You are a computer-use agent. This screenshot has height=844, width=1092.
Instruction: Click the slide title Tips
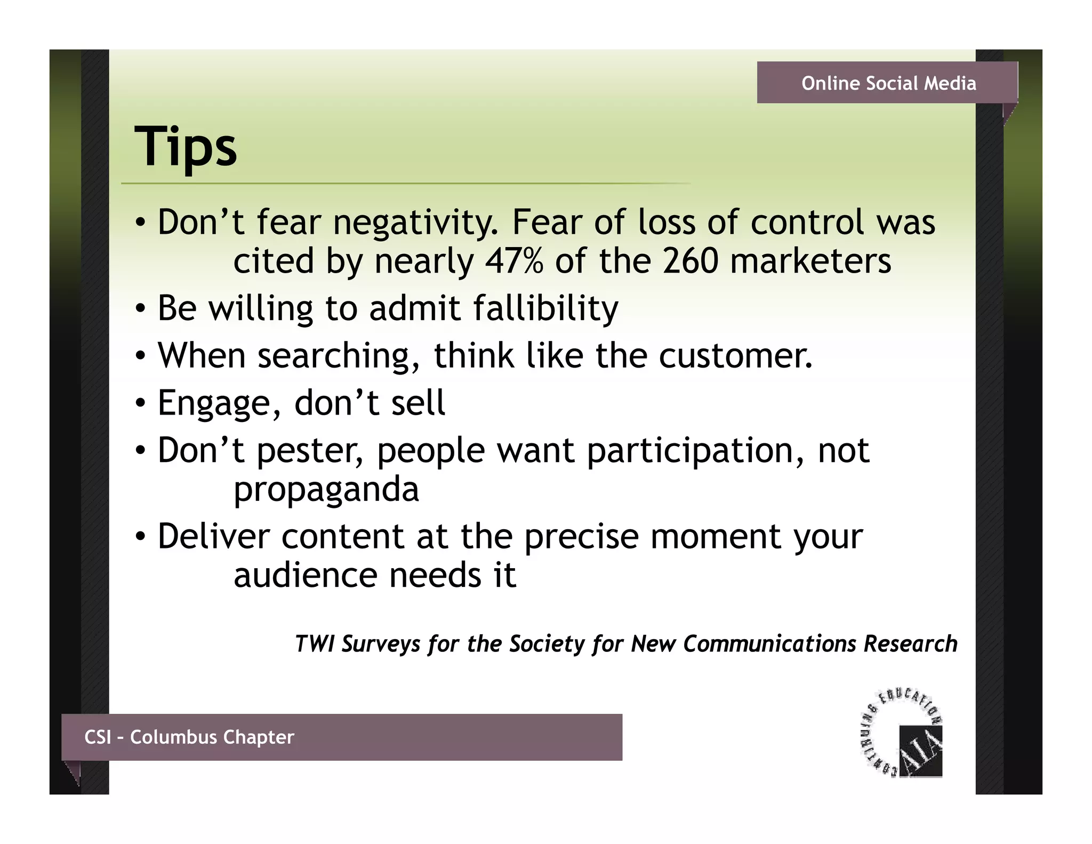185,147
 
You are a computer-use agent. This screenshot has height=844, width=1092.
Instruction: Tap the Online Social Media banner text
888,83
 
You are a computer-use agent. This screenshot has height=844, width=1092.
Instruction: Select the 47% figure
514,261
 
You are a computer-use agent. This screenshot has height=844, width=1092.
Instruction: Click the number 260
690,261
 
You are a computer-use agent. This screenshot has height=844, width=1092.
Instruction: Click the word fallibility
545,309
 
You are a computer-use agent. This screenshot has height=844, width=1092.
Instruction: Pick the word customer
735,356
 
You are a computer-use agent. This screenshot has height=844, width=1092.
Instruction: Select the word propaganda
326,490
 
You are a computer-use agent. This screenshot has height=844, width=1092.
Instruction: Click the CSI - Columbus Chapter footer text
189,737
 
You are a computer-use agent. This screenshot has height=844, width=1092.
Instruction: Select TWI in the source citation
314,643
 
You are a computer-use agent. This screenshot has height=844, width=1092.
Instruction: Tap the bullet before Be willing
140,309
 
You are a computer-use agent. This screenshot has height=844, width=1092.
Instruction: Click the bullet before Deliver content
140,536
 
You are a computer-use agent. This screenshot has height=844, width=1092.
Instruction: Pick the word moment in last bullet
716,536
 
